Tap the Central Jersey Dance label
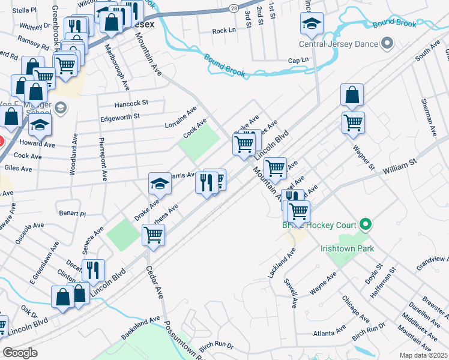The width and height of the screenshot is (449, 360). point(339,44)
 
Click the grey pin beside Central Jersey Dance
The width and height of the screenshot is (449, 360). point(387,43)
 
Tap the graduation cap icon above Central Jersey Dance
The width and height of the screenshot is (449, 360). point(312,24)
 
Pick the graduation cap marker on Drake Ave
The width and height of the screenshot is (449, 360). point(160,183)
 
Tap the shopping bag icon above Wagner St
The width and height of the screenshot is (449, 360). point(352,95)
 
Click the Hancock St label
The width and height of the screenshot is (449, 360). point(131,103)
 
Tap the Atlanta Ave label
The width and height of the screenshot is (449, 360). point(330,332)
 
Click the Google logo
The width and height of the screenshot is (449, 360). point(20,353)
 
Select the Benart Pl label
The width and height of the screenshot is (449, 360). point(73,213)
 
